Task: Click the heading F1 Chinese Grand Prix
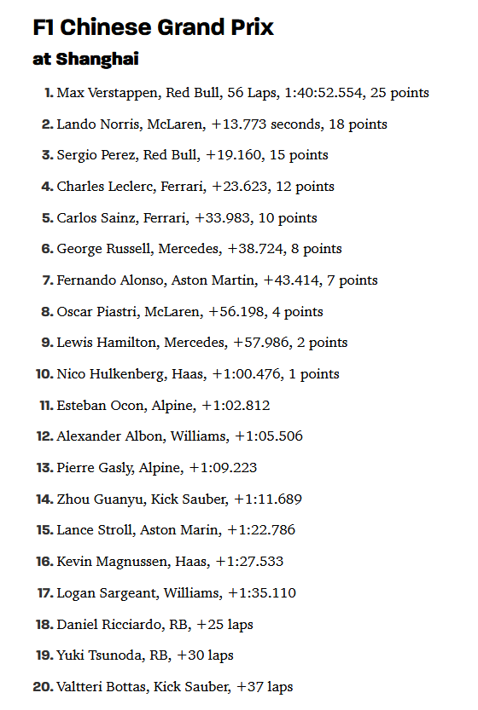point(153,27)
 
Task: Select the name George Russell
point(98,249)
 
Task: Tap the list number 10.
point(44,374)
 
